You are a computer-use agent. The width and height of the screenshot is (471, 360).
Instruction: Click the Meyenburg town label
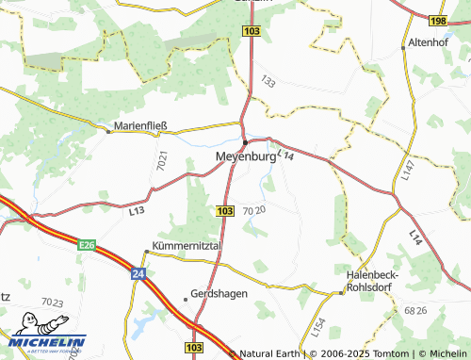click(x=246, y=157)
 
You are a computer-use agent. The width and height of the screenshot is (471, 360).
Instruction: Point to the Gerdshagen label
click(x=219, y=293)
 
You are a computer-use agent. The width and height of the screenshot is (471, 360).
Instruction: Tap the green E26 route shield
click(x=87, y=245)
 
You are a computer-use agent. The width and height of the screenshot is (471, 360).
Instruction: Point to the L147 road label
click(x=405, y=171)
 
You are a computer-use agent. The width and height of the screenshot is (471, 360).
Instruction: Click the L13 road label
click(x=136, y=211)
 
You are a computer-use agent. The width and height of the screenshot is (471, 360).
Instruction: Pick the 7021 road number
click(x=162, y=161)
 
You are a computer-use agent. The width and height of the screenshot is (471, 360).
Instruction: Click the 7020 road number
click(x=253, y=210)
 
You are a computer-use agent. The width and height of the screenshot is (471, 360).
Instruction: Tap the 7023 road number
click(x=52, y=303)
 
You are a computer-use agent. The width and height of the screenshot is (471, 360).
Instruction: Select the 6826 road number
click(x=414, y=309)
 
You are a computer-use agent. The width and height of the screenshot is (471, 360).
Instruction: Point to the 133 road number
click(x=269, y=84)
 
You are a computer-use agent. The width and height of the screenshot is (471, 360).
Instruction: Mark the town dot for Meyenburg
click(x=245, y=142)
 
